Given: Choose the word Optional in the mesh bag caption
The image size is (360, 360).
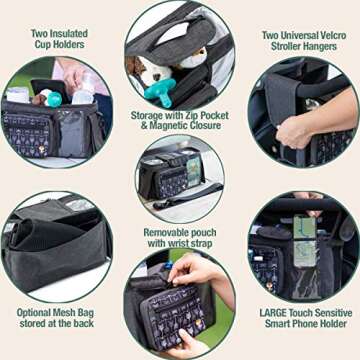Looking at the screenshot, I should pos(37,313).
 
